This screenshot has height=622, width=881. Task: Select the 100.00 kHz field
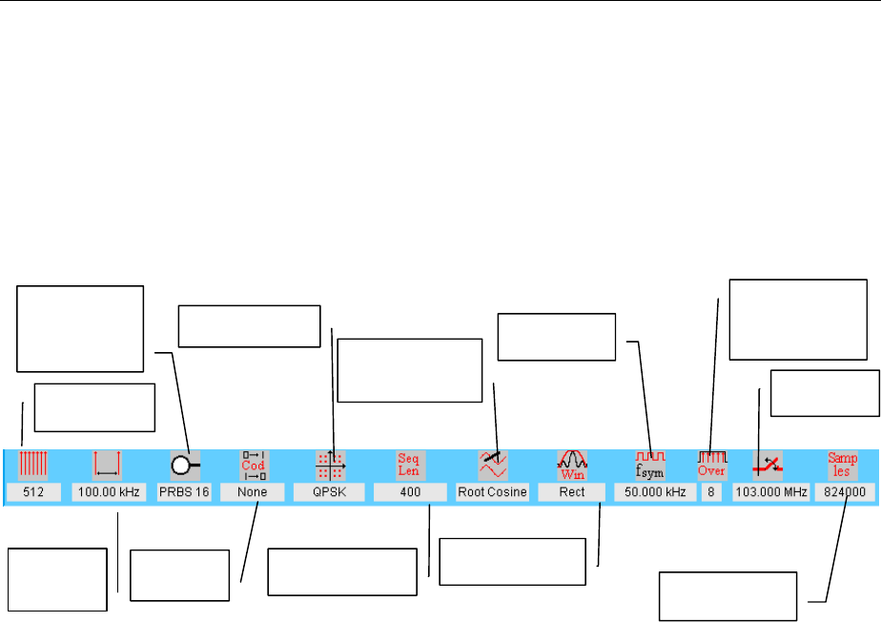click(108, 492)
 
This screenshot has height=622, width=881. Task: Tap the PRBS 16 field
click(185, 492)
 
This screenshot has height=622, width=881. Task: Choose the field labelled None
click(253, 492)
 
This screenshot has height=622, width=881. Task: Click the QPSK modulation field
click(330, 492)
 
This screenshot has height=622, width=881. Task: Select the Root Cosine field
click(492, 492)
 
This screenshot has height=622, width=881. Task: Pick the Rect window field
click(571, 492)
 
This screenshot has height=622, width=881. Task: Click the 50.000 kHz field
click(653, 492)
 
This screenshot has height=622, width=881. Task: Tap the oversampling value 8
click(711, 492)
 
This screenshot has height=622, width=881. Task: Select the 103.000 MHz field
click(771, 492)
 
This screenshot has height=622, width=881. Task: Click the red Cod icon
click(253, 465)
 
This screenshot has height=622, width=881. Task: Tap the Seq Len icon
click(409, 465)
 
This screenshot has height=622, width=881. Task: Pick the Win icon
click(571, 465)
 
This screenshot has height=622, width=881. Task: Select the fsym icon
click(651, 465)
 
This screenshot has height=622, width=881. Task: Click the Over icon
click(711, 465)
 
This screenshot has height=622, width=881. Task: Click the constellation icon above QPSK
click(330, 465)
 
